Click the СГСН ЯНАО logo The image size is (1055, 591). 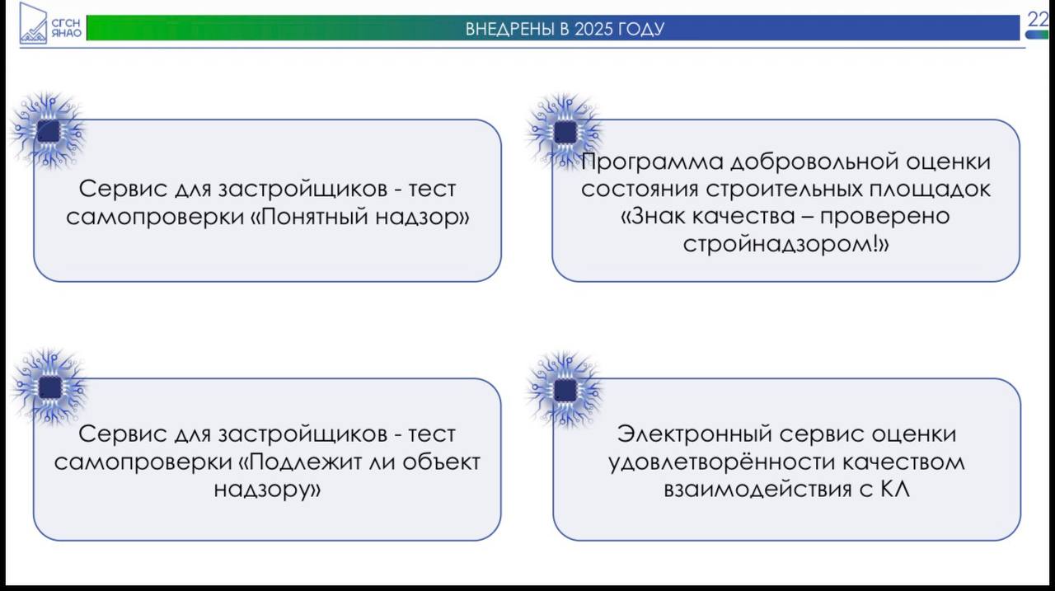coord(49,24)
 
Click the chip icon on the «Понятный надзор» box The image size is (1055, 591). coord(48,131)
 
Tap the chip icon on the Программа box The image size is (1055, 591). coord(565,132)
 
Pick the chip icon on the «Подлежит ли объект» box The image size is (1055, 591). coord(49,387)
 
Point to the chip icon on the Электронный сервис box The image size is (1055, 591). coord(565,389)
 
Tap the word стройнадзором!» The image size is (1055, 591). coord(786,244)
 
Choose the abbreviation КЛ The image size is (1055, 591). coord(894,488)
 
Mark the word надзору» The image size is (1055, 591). coord(267,489)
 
